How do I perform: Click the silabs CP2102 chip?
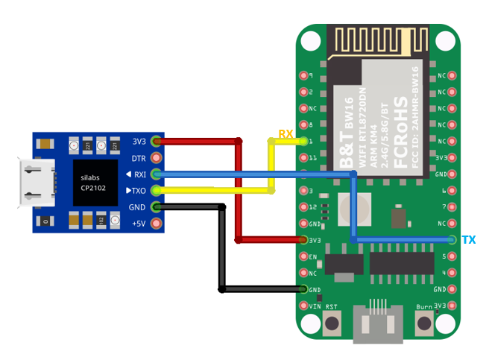(95, 183)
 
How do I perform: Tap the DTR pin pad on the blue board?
(156, 158)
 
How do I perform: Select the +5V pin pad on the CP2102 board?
(156, 224)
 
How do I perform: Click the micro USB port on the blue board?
(37, 183)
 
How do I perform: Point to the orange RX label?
(286, 134)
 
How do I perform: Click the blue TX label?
(468, 240)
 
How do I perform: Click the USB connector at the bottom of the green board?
(378, 323)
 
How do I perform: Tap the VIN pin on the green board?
(303, 306)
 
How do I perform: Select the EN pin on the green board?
(303, 256)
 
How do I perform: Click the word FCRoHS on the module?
(400, 123)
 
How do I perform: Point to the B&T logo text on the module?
(347, 142)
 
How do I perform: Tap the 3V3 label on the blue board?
(139, 142)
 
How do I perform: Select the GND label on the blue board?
(137, 207)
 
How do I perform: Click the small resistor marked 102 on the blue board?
(101, 220)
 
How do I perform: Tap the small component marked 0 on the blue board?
(46, 221)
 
